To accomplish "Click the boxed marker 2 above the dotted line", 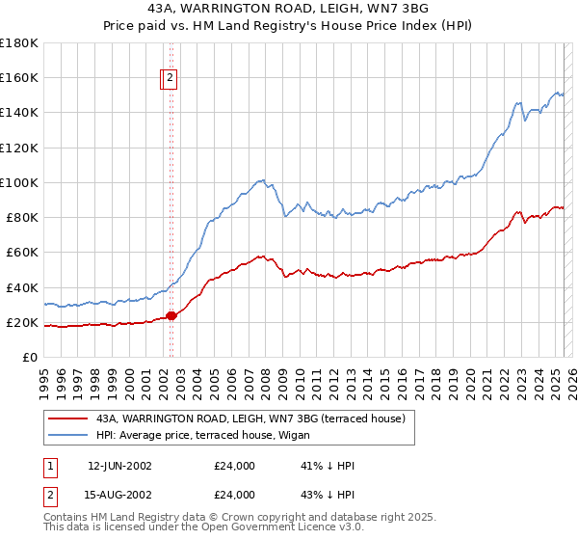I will [x=170, y=79].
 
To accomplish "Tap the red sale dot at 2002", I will [x=171, y=315].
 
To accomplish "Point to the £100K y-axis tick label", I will [x=19, y=182].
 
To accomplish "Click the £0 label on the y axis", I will [x=31, y=357].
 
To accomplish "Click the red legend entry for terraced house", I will [x=254, y=418].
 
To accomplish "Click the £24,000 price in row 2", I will [x=234, y=494].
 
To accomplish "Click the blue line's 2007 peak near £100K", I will [x=261, y=180].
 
